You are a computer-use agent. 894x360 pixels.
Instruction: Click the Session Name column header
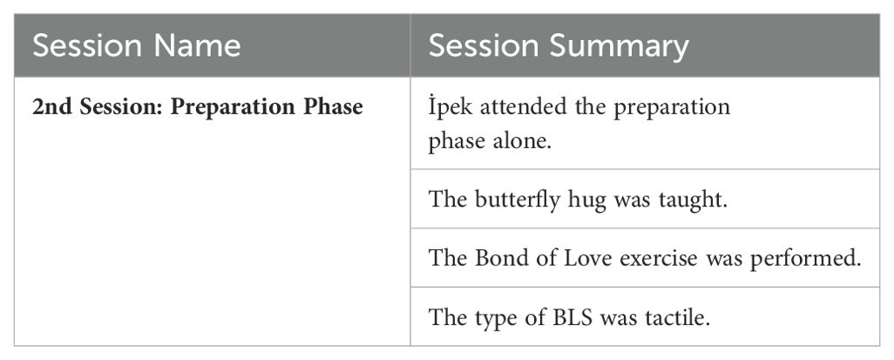[136, 45]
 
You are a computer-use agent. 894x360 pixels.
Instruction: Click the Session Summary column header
[559, 45]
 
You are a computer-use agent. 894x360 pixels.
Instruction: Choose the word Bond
[498, 258]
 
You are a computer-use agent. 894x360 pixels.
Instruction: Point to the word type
[494, 318]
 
